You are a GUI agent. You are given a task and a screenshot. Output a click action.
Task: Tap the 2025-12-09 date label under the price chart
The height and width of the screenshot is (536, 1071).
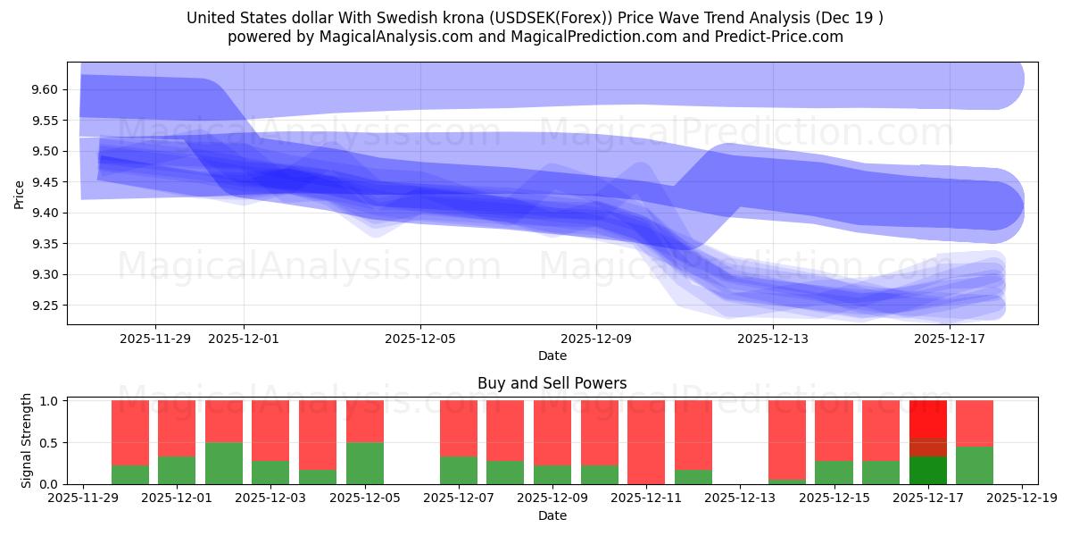click(x=596, y=339)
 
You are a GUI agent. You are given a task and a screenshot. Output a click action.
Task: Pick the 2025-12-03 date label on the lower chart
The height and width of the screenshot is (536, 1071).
click(x=270, y=498)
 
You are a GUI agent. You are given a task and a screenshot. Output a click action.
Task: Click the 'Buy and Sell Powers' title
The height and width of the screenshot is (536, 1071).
click(x=552, y=383)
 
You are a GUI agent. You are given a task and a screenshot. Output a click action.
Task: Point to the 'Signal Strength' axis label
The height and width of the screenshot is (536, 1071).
click(x=27, y=440)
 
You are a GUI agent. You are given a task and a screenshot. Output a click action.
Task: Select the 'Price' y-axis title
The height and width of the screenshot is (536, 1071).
click(x=20, y=193)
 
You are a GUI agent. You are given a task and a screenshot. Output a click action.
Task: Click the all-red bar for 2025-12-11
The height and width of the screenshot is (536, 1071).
click(x=646, y=441)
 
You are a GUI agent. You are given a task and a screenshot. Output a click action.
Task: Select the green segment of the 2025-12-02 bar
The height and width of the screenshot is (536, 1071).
click(x=224, y=463)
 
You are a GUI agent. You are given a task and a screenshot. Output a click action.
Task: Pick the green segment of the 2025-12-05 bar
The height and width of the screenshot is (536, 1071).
click(x=365, y=463)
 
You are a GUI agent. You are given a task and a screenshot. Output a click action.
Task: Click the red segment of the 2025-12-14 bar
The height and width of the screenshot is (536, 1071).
click(x=787, y=440)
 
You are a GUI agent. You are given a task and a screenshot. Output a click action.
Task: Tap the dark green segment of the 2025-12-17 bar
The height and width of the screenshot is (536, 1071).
click(x=928, y=470)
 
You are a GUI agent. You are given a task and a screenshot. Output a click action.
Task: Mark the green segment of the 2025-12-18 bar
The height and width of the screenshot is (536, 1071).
click(x=975, y=465)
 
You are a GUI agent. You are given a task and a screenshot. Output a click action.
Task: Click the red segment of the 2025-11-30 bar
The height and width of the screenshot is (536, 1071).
click(x=130, y=432)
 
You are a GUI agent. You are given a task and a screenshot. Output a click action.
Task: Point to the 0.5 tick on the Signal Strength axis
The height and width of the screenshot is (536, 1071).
click(x=51, y=442)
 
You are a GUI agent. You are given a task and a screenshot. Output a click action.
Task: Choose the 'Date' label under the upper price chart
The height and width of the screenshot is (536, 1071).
click(x=552, y=356)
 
